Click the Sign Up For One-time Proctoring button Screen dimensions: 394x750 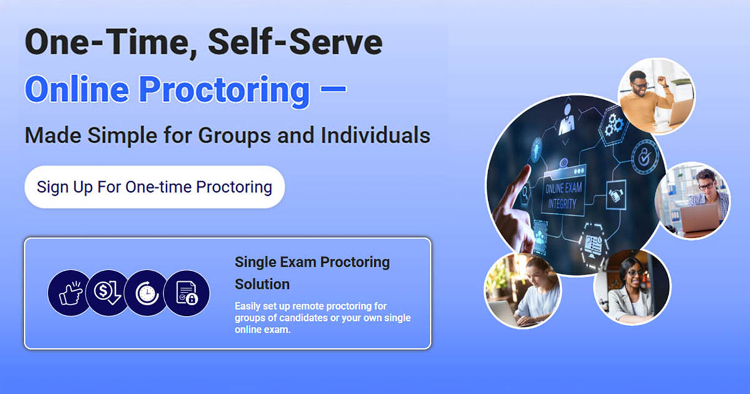pos(154,187)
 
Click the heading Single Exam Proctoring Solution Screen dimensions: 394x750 pos(312,273)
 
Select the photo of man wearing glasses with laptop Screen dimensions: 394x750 pos(692,200)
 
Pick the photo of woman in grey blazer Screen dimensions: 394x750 pos(631,288)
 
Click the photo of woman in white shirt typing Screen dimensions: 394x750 pos(523,291)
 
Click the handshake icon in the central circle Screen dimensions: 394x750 pos(617,196)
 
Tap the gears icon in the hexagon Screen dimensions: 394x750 pos(613,124)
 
